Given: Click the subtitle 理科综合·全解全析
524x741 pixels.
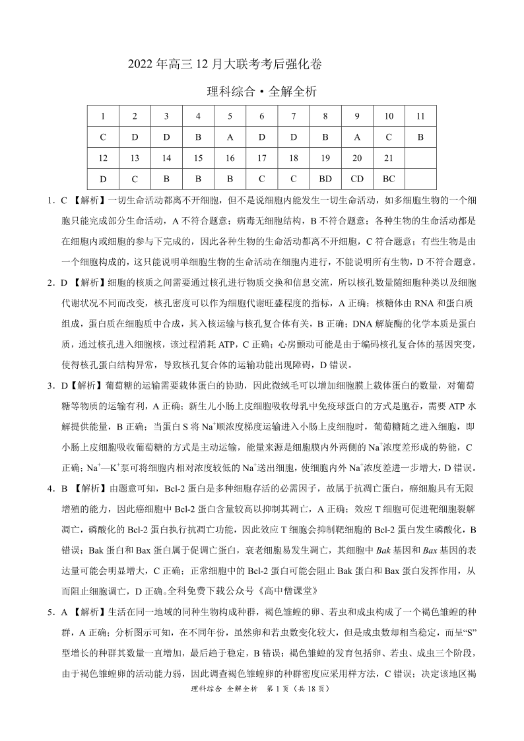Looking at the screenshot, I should pyautogui.click(x=262, y=92).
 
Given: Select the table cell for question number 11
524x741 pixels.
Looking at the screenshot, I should pyautogui.click(x=420, y=116).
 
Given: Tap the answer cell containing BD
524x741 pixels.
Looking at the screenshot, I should pyautogui.click(x=325, y=179).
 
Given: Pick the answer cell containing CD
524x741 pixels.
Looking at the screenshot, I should pyautogui.click(x=357, y=179).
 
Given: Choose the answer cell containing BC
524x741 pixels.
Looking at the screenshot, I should pyautogui.click(x=389, y=179).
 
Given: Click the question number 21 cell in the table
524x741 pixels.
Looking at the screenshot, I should pyautogui.click(x=389, y=158).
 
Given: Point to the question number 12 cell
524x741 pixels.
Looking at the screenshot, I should pyautogui.click(x=103, y=158).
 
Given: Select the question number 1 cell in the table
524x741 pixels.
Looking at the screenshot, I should pyautogui.click(x=103, y=116).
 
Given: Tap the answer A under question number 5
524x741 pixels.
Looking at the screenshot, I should pyautogui.click(x=230, y=137).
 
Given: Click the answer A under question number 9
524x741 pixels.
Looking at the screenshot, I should pyautogui.click(x=357, y=137).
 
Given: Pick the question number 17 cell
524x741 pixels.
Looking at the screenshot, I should pyautogui.click(x=262, y=158).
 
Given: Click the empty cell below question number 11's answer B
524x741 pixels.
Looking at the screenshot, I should pyautogui.click(x=420, y=158).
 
